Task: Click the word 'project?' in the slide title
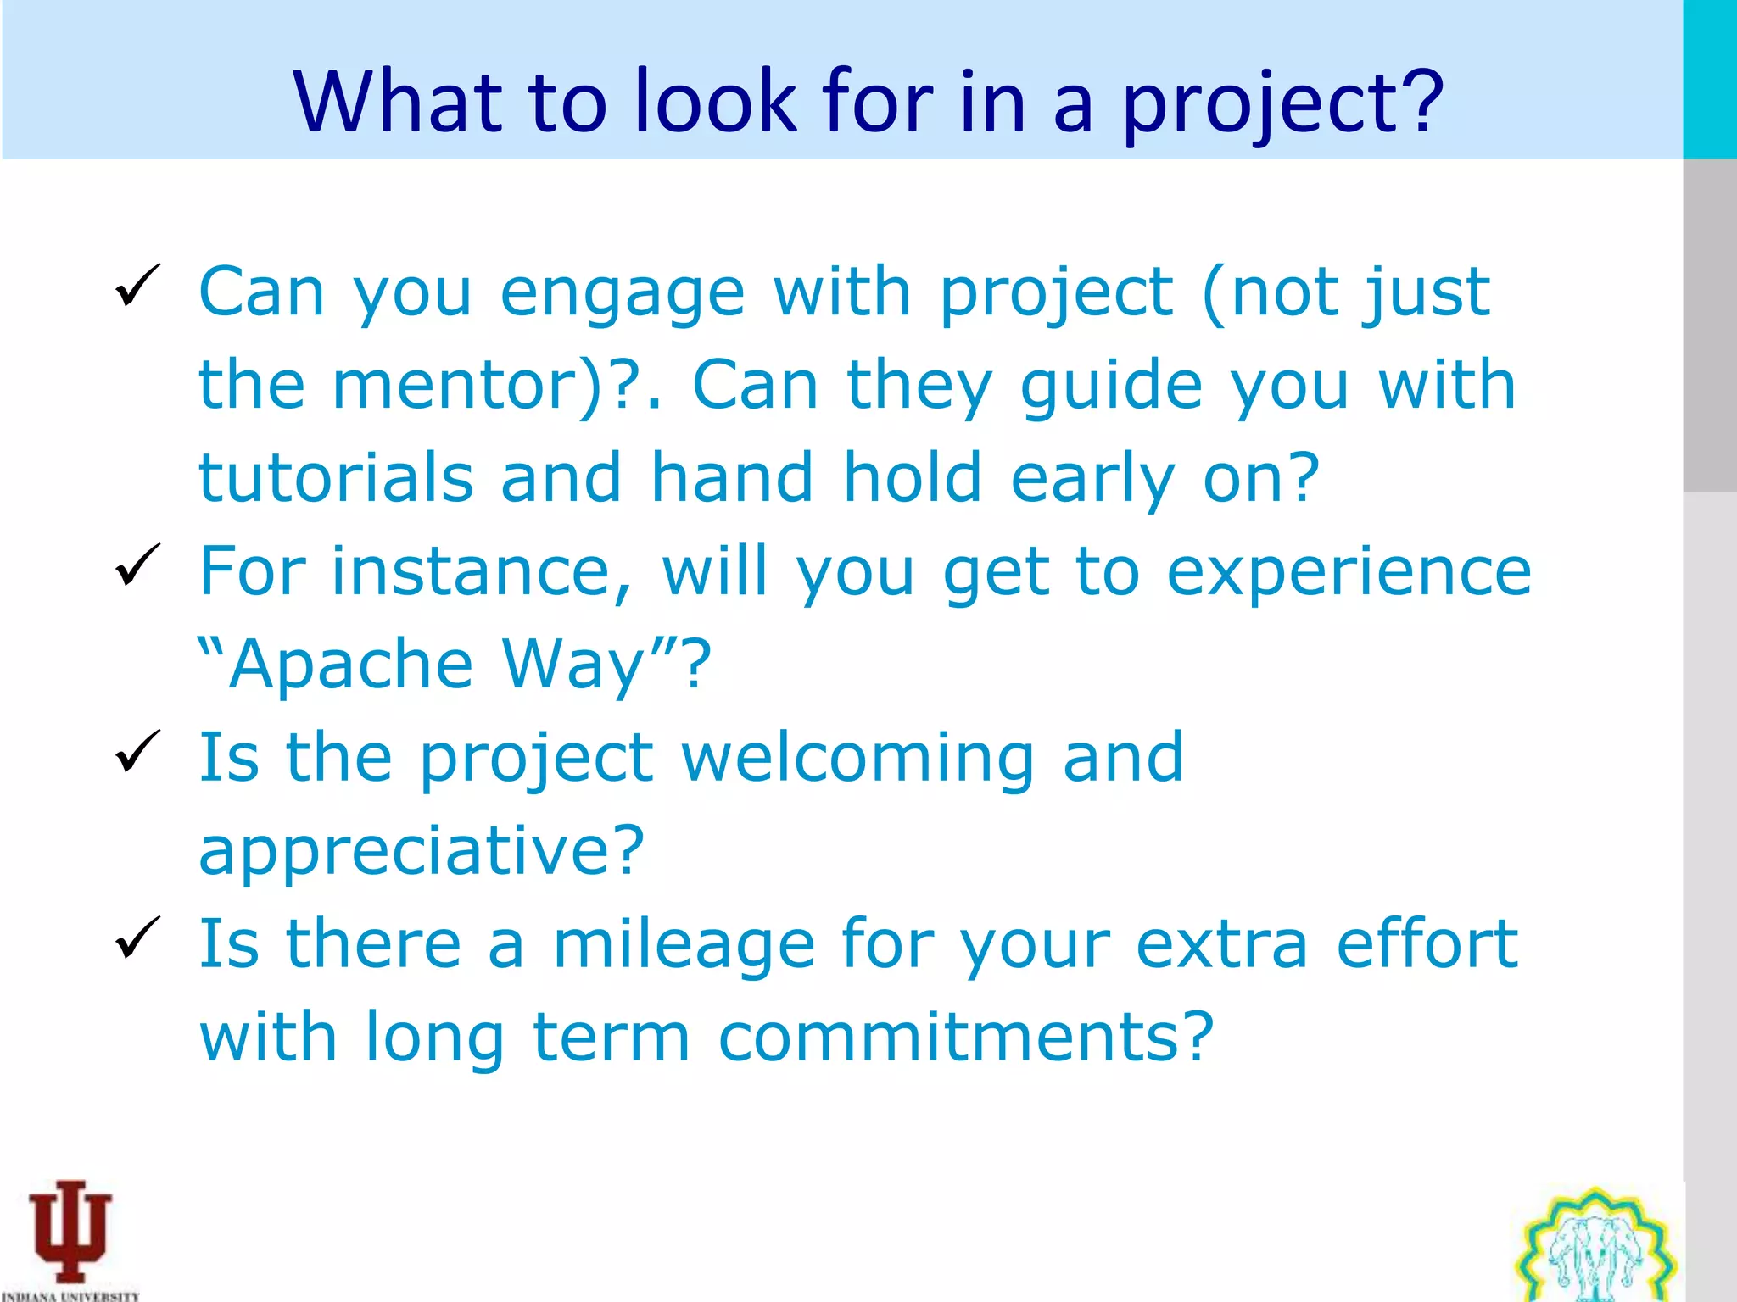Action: click(1283, 103)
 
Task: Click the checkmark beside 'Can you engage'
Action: click(137, 285)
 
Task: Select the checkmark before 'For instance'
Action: click(137, 565)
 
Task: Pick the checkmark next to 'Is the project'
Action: click(137, 751)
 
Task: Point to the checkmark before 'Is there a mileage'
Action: click(137, 938)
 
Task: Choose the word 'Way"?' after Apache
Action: click(606, 665)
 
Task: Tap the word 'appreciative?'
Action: click(422, 852)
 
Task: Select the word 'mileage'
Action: click(684, 946)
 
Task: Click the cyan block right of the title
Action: click(1709, 79)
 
